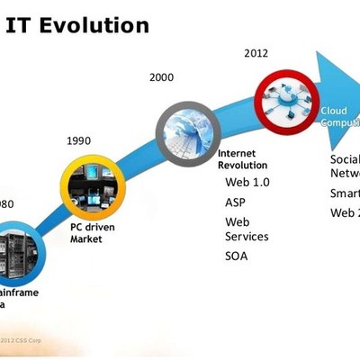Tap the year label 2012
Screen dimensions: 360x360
click(x=256, y=53)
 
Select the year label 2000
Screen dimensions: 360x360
click(x=161, y=78)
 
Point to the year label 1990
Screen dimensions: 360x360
click(x=79, y=140)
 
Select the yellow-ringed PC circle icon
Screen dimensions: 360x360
click(x=89, y=187)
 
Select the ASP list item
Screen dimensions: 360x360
click(x=235, y=202)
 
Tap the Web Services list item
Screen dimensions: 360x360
click(x=246, y=229)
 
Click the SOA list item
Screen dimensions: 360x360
click(x=236, y=256)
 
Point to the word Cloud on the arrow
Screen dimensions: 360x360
click(x=334, y=112)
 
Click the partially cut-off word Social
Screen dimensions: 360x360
click(x=345, y=159)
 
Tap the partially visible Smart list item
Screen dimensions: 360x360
click(x=345, y=193)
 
